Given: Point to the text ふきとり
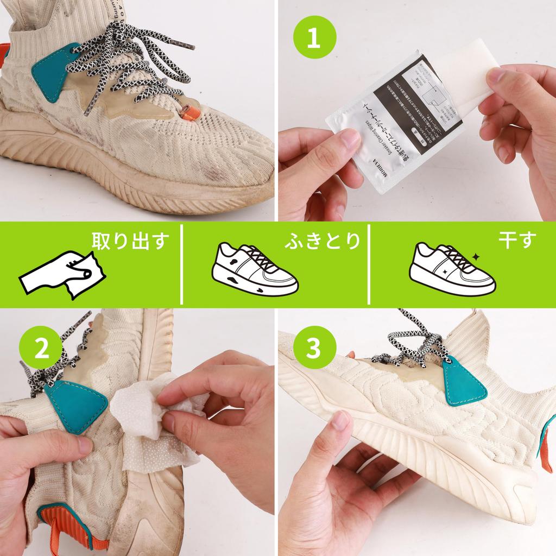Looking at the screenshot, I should click(323, 241).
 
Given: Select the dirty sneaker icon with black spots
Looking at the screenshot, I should click(254, 269).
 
